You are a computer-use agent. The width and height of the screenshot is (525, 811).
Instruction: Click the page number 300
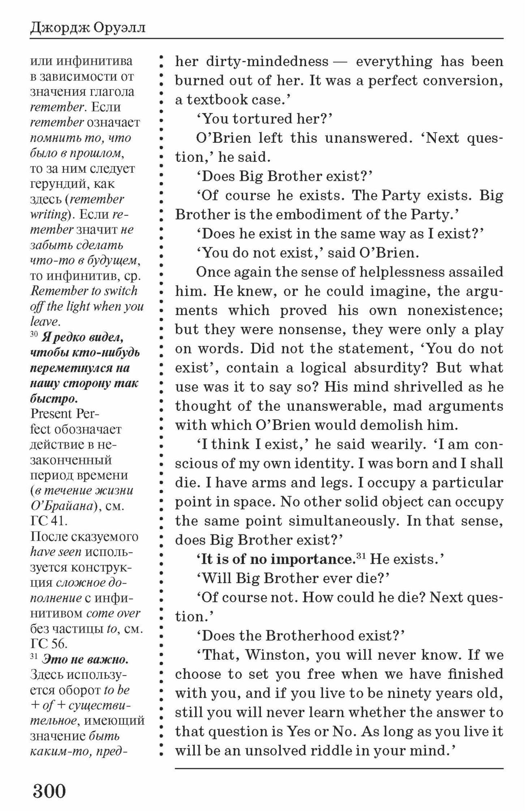click(49, 791)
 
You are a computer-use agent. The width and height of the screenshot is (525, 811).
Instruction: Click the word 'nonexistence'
click(454, 310)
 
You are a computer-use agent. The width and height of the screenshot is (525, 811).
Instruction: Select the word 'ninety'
click(409, 693)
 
